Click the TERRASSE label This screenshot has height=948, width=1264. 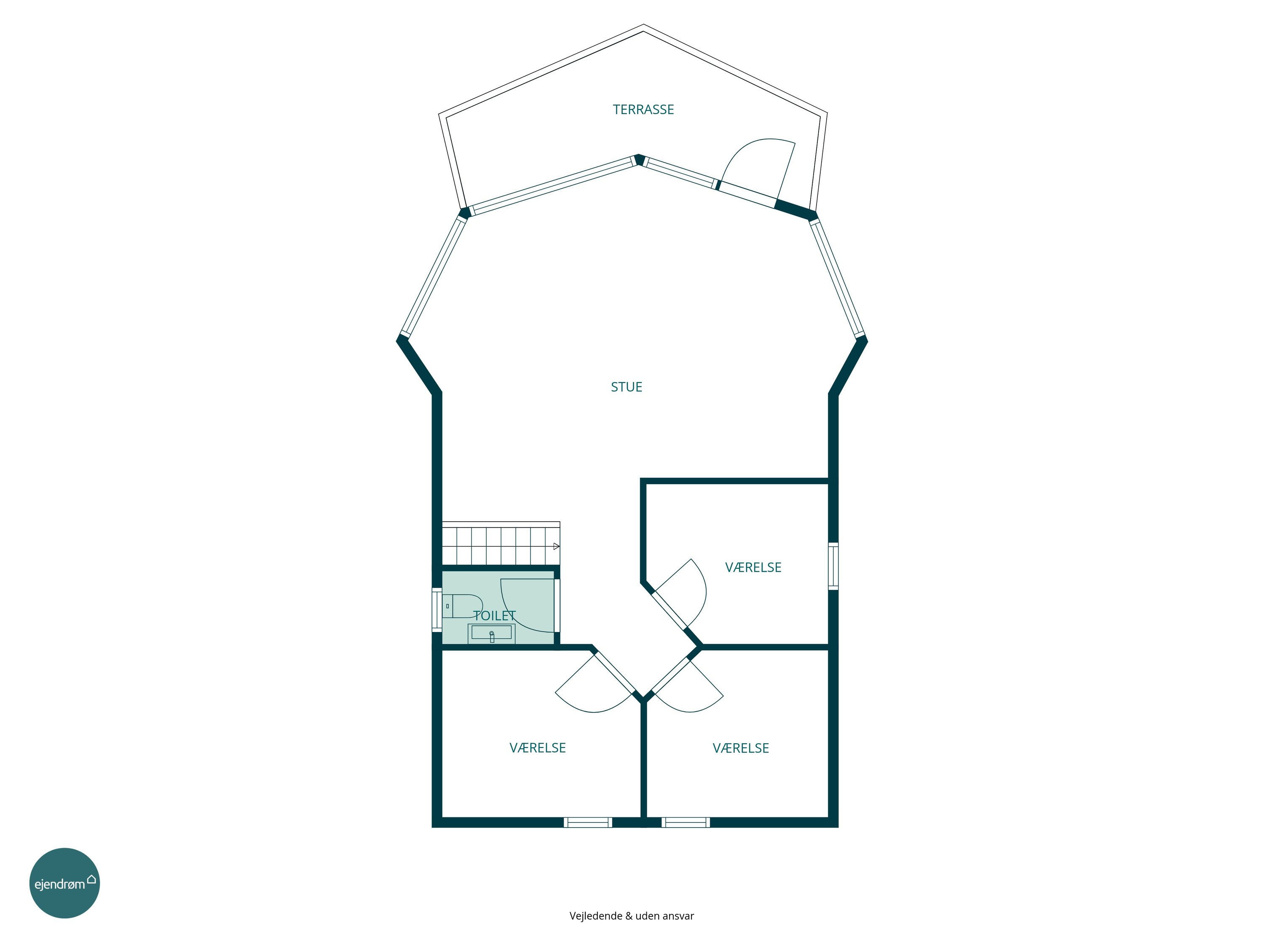(643, 110)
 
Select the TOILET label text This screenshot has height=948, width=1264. (494, 616)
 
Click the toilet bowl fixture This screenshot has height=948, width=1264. (462, 606)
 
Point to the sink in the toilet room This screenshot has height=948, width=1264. (491, 634)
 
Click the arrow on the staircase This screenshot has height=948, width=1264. (557, 546)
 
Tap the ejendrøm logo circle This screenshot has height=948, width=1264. (64, 884)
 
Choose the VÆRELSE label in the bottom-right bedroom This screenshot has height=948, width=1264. (741, 749)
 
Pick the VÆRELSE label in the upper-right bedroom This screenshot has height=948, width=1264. (753, 568)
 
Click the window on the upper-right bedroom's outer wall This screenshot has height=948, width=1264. (833, 566)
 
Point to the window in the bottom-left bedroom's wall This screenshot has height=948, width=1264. (588, 822)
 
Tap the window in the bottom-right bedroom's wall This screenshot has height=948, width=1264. (686, 822)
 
